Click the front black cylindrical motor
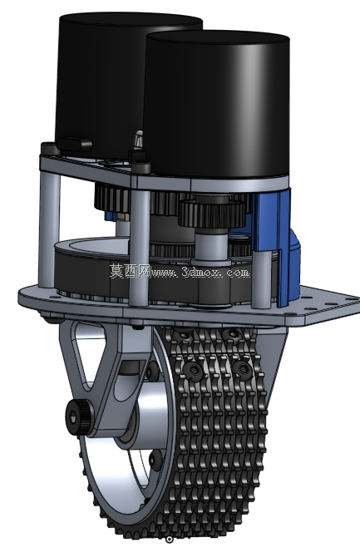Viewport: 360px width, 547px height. pyautogui.click(x=217, y=105)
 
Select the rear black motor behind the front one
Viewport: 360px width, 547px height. pyautogui.click(x=101, y=81)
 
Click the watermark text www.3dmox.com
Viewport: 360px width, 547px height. pyautogui.click(x=200, y=272)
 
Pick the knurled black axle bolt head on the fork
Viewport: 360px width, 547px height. pyautogui.click(x=79, y=418)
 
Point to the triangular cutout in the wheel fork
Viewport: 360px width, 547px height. pyautogui.click(x=89, y=352)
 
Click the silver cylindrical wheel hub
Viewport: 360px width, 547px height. pyautogui.click(x=146, y=415)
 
